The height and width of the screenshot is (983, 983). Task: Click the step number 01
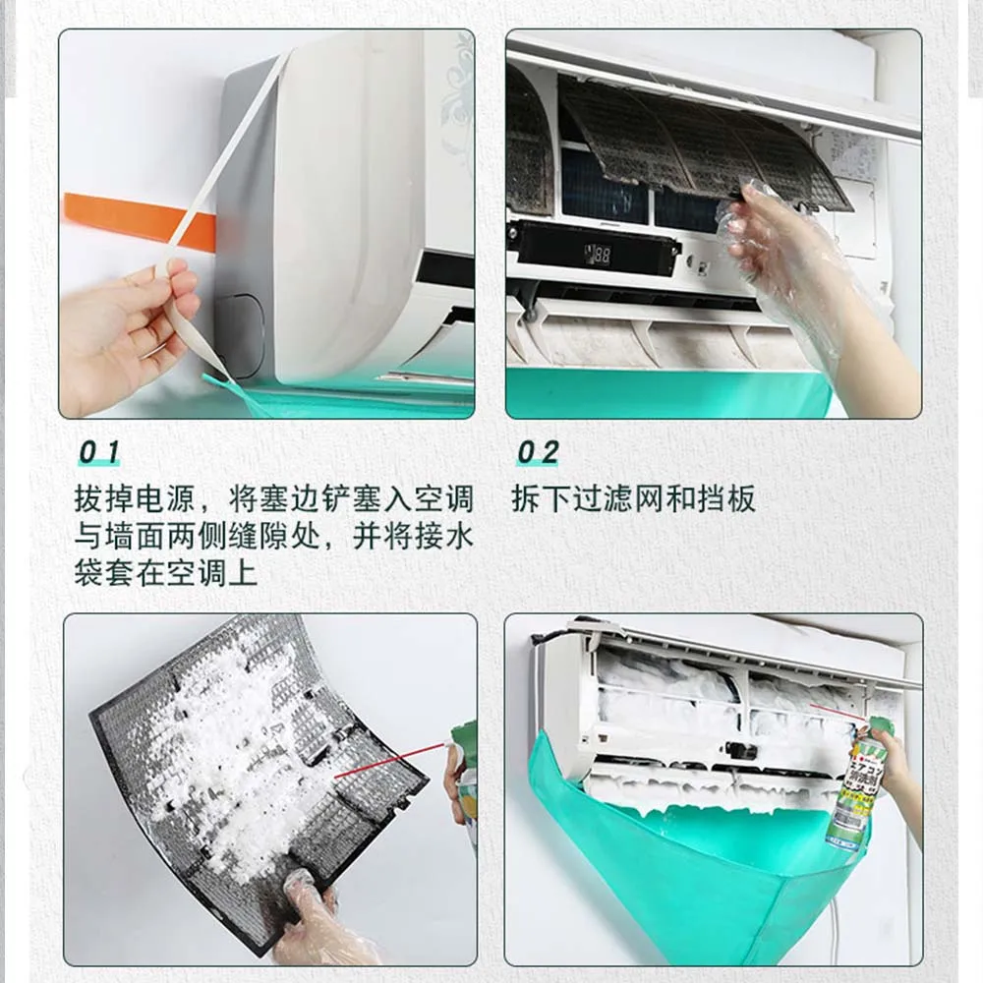point(99,451)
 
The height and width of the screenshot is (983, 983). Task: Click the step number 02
point(538,452)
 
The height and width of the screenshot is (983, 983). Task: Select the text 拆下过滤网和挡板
point(633,499)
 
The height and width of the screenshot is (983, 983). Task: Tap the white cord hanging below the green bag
point(838,928)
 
